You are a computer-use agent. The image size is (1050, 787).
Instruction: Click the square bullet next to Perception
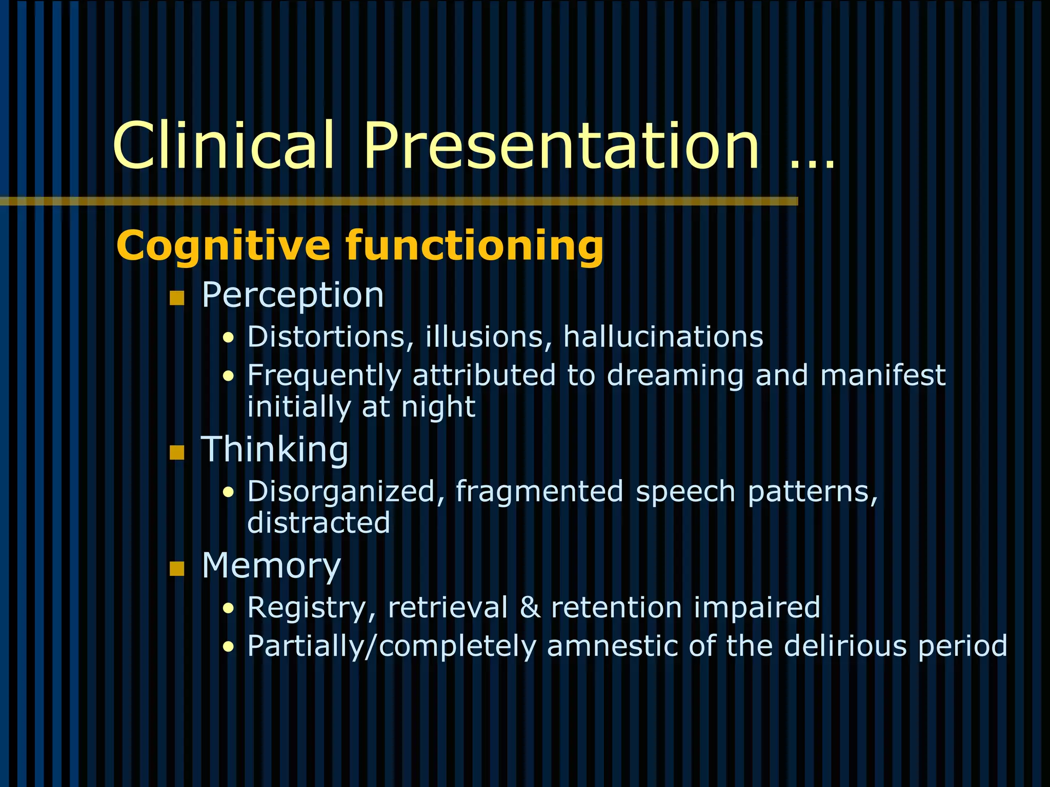point(177,298)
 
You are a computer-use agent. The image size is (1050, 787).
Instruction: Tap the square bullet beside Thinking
point(177,452)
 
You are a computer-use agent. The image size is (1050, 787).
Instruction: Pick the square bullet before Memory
point(177,569)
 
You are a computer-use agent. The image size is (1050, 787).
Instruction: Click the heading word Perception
point(292,296)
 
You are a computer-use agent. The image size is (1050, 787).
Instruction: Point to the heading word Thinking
point(274,449)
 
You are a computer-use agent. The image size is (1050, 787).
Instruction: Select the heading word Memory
point(271,566)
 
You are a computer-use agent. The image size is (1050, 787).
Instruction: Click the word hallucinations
point(663,337)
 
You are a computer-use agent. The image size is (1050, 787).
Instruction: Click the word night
point(438,407)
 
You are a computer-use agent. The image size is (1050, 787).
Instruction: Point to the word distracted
point(318,523)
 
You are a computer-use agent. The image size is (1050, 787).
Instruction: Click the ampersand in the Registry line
point(530,608)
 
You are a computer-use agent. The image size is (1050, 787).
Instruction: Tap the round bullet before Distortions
point(229,338)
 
